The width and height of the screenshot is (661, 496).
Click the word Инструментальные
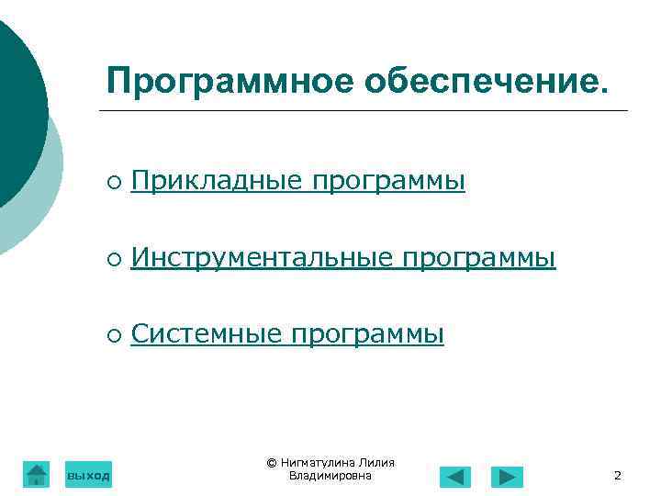261,259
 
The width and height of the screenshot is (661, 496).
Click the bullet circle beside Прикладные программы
111,184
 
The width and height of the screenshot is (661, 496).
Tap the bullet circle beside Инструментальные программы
111,261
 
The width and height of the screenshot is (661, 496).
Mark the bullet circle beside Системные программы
111,337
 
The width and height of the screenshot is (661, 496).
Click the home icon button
36,474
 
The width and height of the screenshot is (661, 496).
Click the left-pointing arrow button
454,477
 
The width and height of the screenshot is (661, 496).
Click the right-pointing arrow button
506,477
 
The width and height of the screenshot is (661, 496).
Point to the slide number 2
617,476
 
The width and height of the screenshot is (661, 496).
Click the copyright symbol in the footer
271,463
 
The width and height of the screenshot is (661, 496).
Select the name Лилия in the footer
376,463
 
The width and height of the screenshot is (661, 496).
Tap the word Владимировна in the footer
330,476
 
